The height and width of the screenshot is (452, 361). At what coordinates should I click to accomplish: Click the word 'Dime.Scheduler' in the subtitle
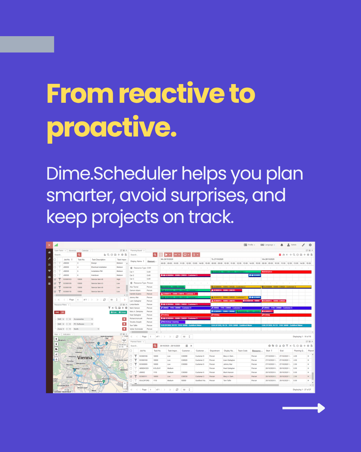point(112,174)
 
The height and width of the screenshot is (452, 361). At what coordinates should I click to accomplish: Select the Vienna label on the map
point(85,358)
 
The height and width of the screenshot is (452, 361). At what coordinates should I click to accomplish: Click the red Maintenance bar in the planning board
point(286,272)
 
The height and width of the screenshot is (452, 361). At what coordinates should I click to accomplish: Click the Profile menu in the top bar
point(249,245)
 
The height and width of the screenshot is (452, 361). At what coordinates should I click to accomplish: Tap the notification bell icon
point(282,245)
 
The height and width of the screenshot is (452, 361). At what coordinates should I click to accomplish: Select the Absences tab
point(73,250)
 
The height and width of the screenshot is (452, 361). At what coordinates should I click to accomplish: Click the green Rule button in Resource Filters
point(114,312)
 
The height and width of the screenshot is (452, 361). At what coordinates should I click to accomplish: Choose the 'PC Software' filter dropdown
point(83,324)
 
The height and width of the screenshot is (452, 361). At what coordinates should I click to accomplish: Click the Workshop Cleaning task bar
point(171,322)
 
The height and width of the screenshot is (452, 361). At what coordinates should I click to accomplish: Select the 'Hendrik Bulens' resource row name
point(135,294)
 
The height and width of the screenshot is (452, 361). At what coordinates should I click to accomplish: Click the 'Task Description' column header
point(99,259)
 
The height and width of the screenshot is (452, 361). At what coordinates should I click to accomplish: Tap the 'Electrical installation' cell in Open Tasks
point(99,267)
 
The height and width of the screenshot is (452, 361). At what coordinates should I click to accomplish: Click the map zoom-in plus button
point(125,383)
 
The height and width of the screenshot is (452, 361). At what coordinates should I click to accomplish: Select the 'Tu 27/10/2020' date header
point(218,259)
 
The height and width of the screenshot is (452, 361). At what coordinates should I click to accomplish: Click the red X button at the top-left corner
point(49,245)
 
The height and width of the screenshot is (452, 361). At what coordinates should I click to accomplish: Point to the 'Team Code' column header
point(242,351)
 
